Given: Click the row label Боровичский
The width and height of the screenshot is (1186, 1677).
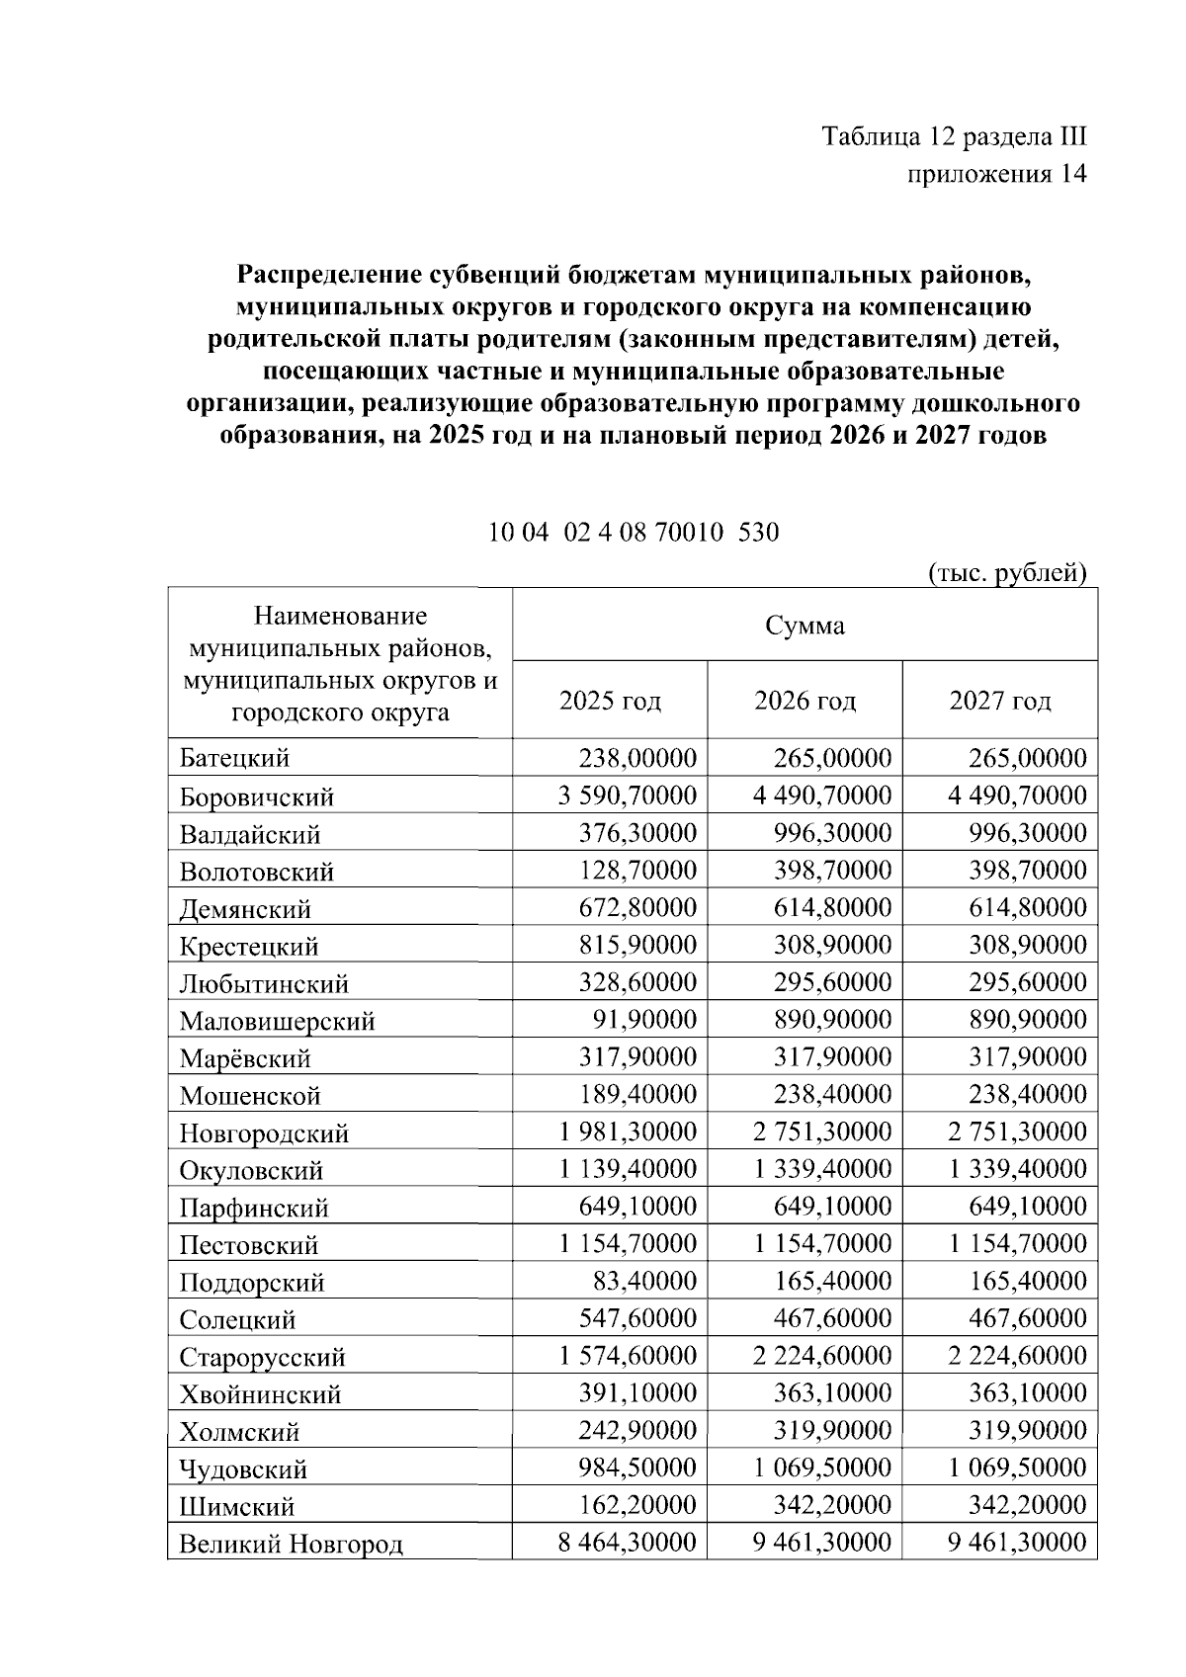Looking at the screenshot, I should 257,797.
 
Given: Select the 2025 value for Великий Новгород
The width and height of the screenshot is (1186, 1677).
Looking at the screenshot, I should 628,1543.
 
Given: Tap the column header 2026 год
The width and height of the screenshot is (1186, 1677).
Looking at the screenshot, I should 805,702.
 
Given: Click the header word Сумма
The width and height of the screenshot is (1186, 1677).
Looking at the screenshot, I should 805,626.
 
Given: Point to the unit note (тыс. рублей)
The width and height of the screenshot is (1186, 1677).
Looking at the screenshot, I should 1007,573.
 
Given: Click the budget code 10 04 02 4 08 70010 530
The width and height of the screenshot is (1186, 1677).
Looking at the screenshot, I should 634,533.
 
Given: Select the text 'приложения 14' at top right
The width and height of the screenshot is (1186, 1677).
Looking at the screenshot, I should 996,174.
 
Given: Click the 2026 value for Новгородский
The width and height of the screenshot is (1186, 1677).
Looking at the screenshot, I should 822,1132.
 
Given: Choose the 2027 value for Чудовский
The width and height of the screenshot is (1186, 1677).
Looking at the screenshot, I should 1018,1467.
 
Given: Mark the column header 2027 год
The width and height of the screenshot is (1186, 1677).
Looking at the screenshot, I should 1000,702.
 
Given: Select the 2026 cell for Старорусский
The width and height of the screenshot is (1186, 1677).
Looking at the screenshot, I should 822,1356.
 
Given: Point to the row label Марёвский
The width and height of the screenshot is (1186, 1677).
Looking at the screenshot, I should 245,1058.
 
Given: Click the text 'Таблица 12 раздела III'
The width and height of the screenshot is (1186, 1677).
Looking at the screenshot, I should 954,136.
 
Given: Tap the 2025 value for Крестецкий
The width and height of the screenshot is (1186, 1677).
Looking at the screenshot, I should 637,946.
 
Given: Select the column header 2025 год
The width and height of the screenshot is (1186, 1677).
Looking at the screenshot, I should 610,702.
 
